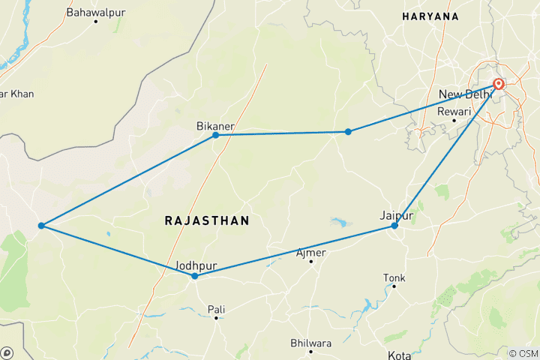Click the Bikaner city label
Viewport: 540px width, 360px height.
(216, 124)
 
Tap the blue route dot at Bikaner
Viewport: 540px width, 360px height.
(216, 135)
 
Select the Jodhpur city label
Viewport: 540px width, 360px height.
(194, 265)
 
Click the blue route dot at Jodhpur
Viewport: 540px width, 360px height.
(194, 276)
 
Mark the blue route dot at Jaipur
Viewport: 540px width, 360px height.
(394, 225)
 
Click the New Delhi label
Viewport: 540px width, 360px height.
(463, 94)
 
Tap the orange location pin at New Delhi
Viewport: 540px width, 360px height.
(498, 84)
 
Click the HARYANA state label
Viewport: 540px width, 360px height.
(430, 16)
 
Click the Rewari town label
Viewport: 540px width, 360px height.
(453, 111)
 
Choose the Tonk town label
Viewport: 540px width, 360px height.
(394, 277)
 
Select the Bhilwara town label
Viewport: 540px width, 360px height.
(311, 343)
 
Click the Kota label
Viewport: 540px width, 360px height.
(399, 355)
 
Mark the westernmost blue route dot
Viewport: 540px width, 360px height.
(40, 225)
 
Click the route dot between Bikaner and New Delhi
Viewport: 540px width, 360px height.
(348, 132)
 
